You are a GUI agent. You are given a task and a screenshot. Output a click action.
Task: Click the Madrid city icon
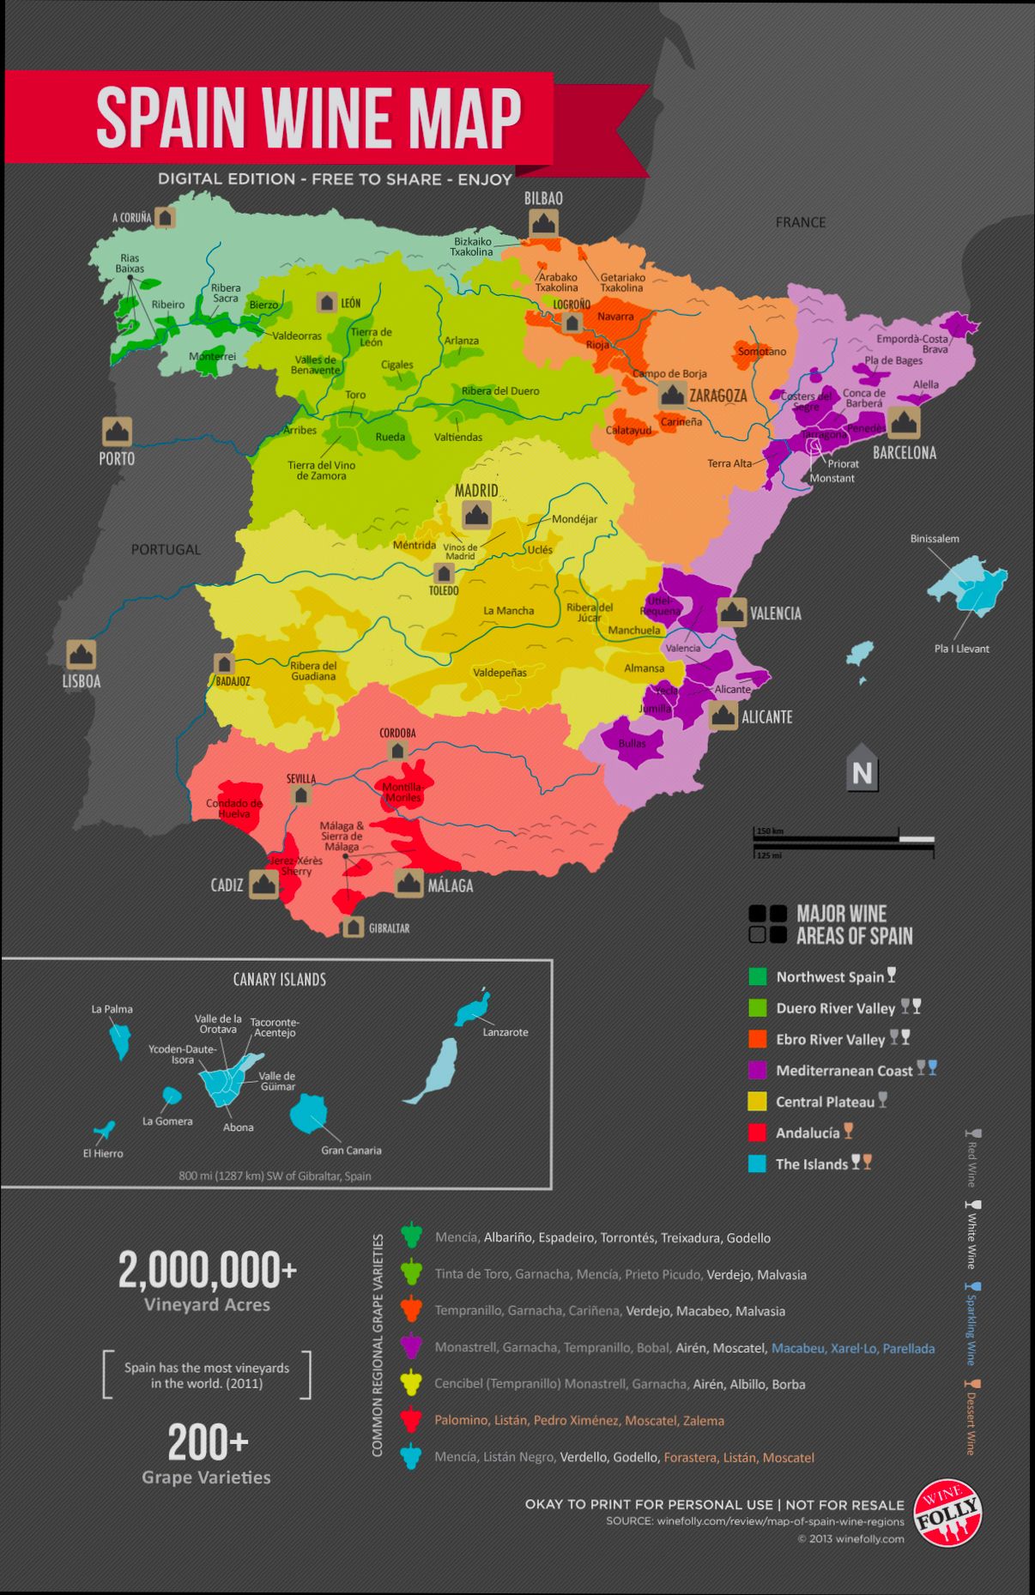[x=475, y=515]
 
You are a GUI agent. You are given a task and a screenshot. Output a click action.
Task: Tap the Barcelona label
[x=904, y=452]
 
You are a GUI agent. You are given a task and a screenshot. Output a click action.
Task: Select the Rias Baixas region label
[x=130, y=263]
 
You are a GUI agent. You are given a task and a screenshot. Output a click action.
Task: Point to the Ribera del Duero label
[x=500, y=391]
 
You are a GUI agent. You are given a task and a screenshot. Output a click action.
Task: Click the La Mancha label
[x=508, y=611]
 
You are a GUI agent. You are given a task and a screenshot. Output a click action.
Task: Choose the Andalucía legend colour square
[x=757, y=1133]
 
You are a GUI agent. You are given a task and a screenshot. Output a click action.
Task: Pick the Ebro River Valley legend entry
[x=830, y=1039]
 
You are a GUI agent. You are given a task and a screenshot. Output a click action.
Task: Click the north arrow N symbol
[x=862, y=772]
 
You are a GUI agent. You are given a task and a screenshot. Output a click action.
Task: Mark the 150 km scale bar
[x=826, y=838]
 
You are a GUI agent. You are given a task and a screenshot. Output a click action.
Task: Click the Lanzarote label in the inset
[x=505, y=1032]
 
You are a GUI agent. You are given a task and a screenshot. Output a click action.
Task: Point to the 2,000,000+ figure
[x=208, y=1270]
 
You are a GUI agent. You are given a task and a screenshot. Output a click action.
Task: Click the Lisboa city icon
[x=82, y=655]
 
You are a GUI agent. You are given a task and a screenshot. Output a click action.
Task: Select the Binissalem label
[x=935, y=539]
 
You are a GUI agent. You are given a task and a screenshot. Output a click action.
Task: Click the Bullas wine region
[x=632, y=743]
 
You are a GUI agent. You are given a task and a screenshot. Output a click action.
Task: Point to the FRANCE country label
[x=800, y=222]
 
